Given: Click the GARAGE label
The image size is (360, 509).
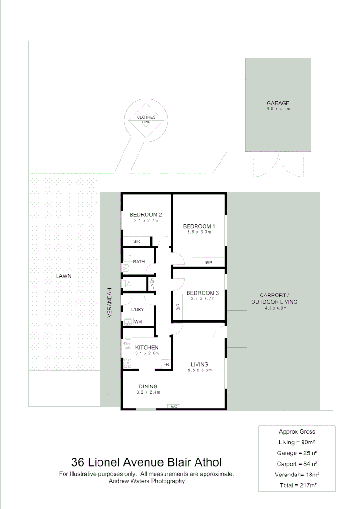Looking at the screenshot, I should tap(278, 103).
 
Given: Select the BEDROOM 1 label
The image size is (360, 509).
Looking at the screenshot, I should tap(199, 226).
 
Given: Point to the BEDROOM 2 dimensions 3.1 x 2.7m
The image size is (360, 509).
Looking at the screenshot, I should tap(146, 221).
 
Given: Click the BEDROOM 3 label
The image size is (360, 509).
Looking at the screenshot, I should tap(202, 293).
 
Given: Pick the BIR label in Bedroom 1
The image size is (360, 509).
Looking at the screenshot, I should tap(208, 262).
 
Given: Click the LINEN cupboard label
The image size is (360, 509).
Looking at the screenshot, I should tap(152, 284).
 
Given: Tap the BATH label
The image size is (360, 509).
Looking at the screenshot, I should tap(139, 262).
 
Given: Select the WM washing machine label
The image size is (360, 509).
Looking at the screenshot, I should tap(138, 322).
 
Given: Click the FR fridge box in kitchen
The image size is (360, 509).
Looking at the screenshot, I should tap(166, 364).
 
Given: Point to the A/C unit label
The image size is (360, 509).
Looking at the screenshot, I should tap(173, 407).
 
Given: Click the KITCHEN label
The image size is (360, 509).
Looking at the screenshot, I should tap(147, 347).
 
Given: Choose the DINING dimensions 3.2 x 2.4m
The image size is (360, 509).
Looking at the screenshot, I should tap(148, 392).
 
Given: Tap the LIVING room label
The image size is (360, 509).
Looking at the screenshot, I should tap(199, 364).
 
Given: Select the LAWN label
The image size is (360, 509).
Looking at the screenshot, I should tap(63, 276).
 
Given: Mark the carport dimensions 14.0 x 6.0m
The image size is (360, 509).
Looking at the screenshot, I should tap(274, 308).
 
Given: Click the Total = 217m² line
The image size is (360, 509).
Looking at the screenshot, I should tap(297, 485).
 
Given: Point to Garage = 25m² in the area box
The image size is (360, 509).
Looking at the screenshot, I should tap(297, 453).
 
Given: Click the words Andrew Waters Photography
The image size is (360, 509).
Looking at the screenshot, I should tap(147, 481).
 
